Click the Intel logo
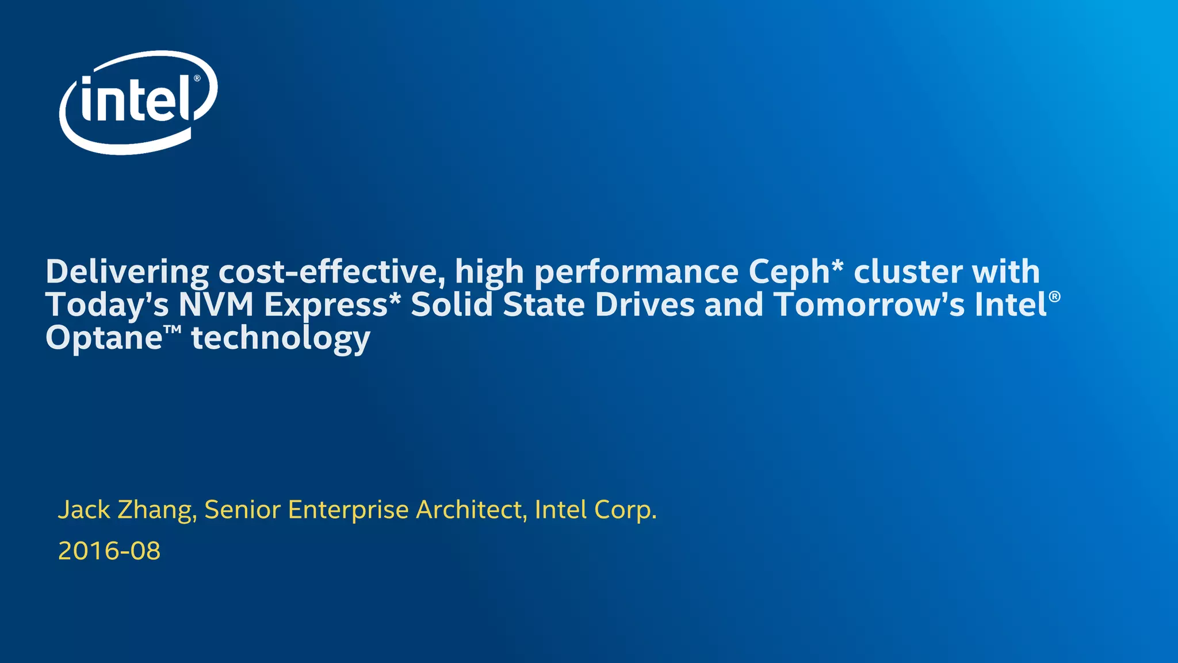point(138,102)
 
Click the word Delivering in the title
point(127,272)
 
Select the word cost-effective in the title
point(331,272)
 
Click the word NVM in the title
point(216,304)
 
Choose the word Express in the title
point(326,306)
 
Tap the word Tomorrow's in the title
point(869,304)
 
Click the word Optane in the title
point(104,338)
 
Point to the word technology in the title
point(281,338)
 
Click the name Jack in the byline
point(84,509)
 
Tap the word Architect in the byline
point(469,509)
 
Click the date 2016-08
point(109,551)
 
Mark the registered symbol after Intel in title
point(1054,296)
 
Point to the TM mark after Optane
point(173,330)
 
